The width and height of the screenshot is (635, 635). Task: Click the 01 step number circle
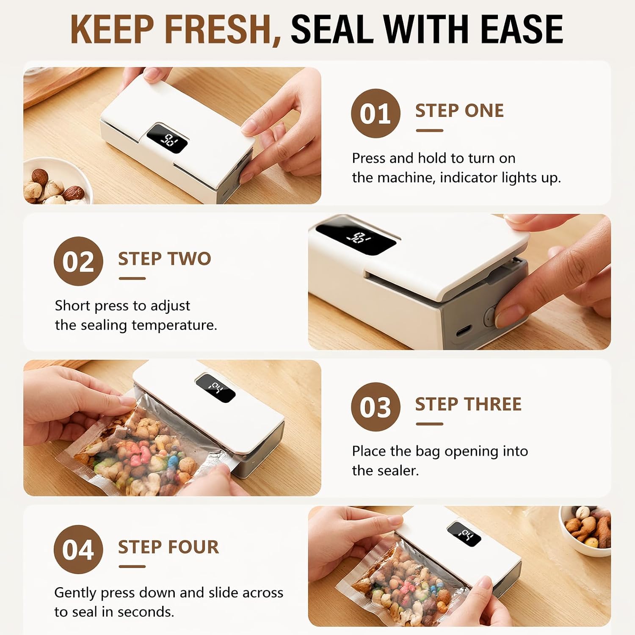click(x=375, y=113)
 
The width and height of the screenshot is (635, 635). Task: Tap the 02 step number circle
click(x=78, y=261)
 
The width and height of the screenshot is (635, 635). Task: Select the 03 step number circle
click(x=375, y=407)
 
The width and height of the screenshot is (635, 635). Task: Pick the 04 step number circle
click(x=78, y=549)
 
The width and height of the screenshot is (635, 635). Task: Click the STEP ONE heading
click(x=459, y=111)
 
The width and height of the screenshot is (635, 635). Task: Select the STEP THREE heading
click(x=468, y=404)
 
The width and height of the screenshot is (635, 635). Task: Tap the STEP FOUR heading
click(x=168, y=547)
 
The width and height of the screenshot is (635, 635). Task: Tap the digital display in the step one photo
click(x=167, y=138)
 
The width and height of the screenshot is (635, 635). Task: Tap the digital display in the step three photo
click(x=215, y=388)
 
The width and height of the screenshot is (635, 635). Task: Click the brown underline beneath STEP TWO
click(x=132, y=279)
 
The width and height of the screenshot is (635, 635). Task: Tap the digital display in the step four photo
click(x=464, y=534)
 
